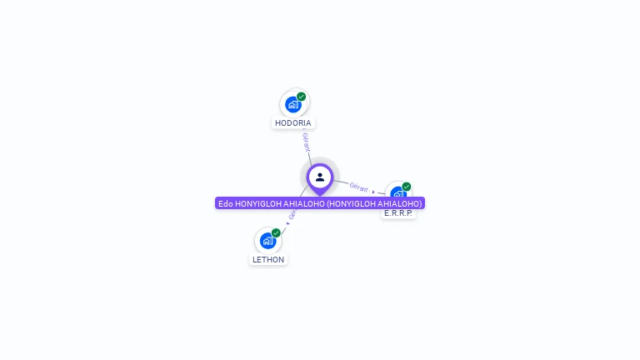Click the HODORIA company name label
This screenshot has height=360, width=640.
[293, 123]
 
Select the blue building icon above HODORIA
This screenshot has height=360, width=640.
[292, 104]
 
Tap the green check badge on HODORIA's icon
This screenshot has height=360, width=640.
[302, 97]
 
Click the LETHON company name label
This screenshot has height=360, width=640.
[268, 260]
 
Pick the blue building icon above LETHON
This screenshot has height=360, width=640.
[267, 241]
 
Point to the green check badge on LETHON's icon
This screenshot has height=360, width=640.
[276, 233]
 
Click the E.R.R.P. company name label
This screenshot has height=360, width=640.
[398, 213]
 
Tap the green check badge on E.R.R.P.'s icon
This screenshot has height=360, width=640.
[407, 187]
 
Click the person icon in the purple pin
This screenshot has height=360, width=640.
[320, 177]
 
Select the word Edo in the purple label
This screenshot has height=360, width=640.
[226, 203]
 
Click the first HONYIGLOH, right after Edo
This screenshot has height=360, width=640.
[258, 203]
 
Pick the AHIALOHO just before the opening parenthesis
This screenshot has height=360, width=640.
[303, 203]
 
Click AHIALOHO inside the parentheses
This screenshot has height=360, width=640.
[397, 203]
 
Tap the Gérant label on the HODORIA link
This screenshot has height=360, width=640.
[306, 142]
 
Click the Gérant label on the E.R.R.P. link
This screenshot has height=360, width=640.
[359, 187]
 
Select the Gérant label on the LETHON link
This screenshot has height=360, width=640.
[292, 214]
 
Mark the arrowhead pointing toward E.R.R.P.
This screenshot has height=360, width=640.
[373, 192]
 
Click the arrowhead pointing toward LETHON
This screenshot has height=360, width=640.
[287, 223]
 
